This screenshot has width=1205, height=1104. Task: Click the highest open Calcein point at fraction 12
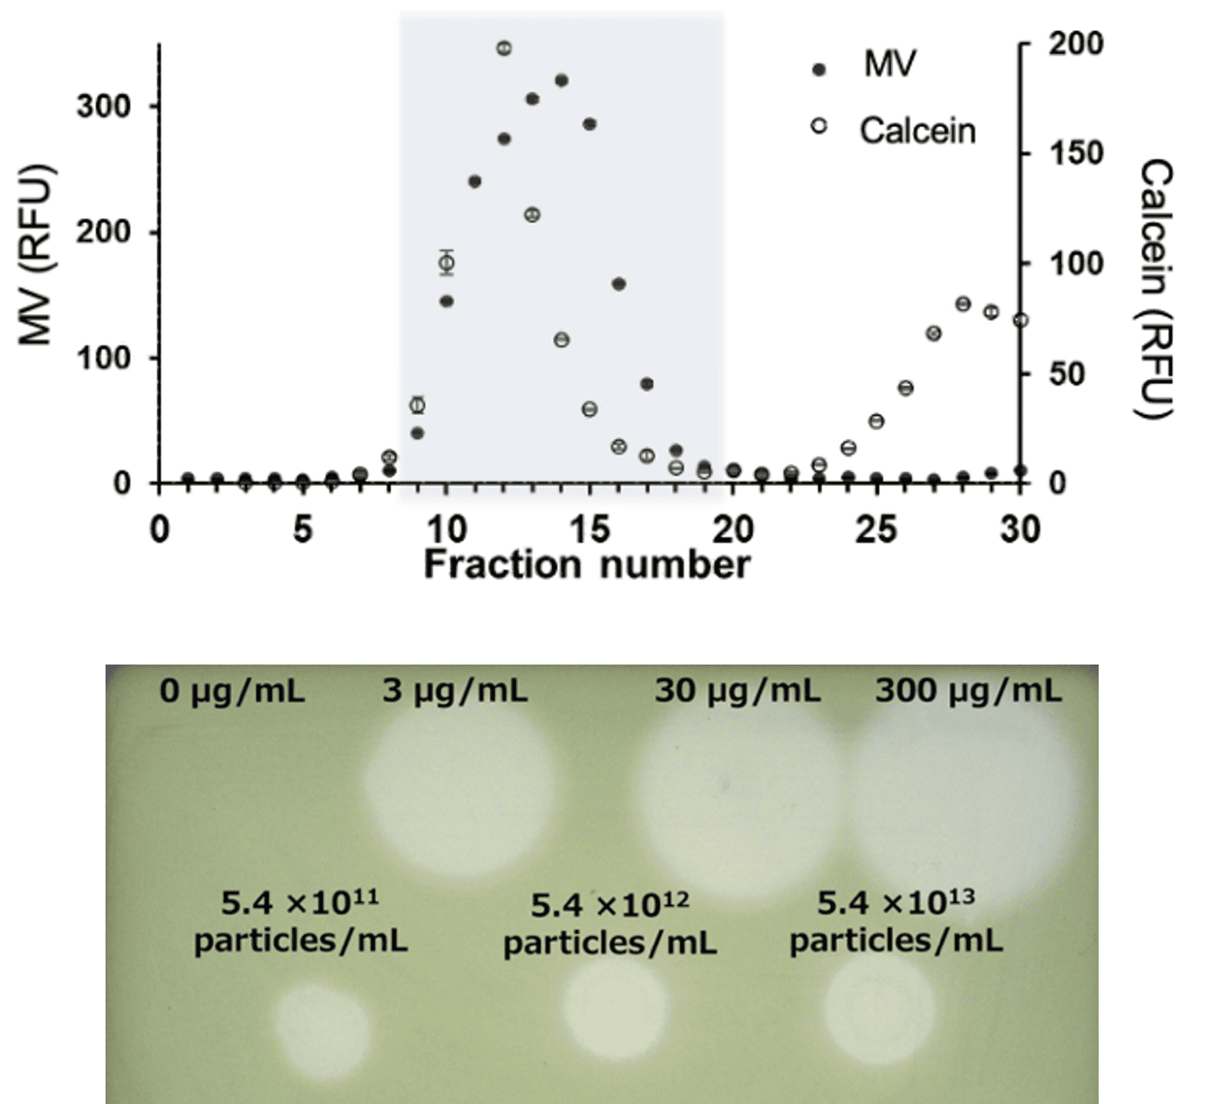tap(504, 48)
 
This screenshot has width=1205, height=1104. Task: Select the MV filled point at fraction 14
tap(561, 80)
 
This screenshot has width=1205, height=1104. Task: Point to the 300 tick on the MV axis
tap(104, 106)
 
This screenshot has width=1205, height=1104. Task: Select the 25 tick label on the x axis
tap(875, 529)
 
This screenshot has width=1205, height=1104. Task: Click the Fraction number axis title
tap(587, 565)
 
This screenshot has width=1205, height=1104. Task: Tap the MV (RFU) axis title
tap(36, 255)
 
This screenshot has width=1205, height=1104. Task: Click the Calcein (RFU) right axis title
tap(1156, 289)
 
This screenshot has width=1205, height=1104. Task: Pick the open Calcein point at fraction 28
tap(963, 304)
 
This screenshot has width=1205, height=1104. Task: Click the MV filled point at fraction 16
tap(618, 284)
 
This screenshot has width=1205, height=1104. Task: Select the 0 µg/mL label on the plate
tap(232, 692)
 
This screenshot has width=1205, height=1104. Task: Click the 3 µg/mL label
tap(455, 692)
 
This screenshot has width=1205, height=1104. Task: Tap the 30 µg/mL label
tap(737, 692)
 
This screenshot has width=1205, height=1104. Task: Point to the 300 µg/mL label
tap(969, 692)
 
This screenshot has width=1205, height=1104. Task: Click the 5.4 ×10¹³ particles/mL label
tap(896, 922)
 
